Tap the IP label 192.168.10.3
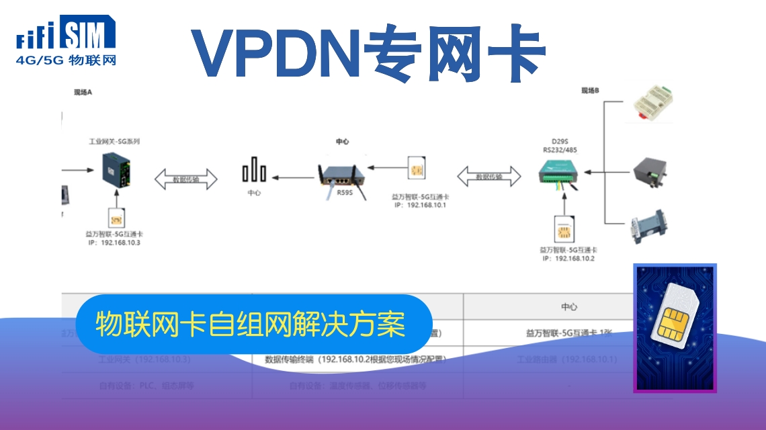115,243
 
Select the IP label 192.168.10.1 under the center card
421,205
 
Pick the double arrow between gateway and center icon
186,179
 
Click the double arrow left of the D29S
489,177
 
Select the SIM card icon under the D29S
563,230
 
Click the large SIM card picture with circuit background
675,327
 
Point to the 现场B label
591,90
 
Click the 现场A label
83,93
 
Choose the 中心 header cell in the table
569,306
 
